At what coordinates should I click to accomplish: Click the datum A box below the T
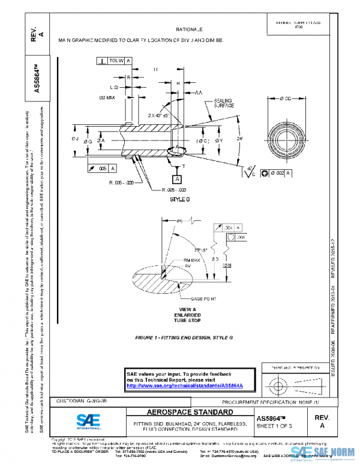pos(177,180)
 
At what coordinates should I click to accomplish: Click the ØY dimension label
pos(218,141)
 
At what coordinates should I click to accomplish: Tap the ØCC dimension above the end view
pos(281,98)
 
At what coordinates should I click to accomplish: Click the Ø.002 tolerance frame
pos(278,173)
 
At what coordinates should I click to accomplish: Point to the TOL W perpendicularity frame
pos(114,61)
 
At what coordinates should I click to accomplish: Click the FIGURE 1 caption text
pos(184,338)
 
